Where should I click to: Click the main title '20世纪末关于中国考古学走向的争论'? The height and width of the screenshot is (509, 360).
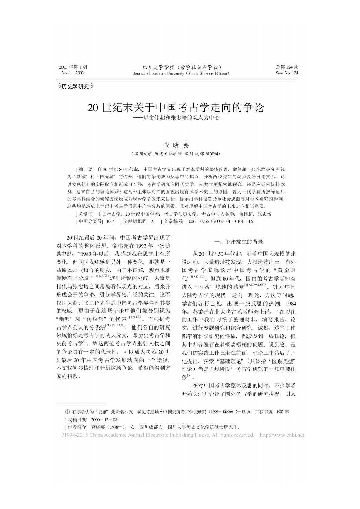[176, 108]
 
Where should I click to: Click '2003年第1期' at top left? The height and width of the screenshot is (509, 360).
[73, 67]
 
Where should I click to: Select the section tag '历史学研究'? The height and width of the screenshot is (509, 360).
[75, 87]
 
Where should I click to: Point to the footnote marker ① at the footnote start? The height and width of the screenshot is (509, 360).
[67, 412]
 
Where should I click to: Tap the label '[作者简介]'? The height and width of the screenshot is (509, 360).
[76, 427]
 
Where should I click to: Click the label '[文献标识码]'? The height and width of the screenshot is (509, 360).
[134, 221]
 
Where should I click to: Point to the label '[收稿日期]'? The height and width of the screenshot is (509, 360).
[76, 419]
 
